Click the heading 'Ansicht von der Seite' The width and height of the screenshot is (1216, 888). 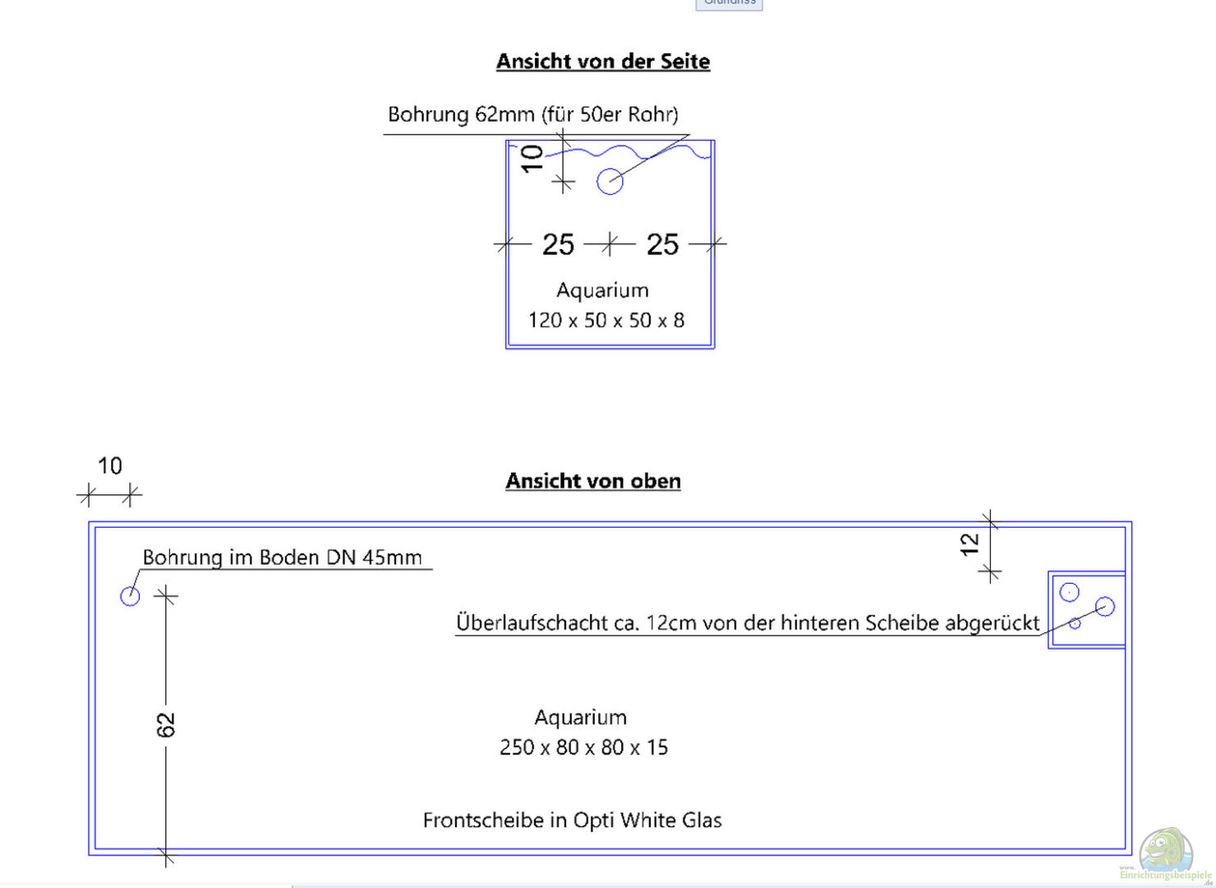[x=602, y=62]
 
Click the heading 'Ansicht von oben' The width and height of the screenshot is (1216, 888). [x=592, y=481]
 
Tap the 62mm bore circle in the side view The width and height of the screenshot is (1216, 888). [x=610, y=182]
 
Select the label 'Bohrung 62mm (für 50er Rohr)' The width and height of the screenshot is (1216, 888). [x=532, y=114]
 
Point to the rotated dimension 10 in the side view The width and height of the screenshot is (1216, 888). [x=532, y=158]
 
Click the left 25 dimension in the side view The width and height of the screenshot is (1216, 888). [x=558, y=244]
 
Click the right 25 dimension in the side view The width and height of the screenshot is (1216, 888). [x=662, y=244]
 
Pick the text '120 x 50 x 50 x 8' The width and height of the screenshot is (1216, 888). [x=606, y=320]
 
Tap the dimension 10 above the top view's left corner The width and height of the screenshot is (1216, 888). [x=109, y=466]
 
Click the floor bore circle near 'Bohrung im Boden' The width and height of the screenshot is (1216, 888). [x=130, y=596]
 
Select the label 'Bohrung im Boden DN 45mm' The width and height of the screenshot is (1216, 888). [x=282, y=557]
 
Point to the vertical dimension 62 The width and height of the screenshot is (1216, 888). [x=166, y=724]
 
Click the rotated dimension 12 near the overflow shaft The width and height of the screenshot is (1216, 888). [x=970, y=544]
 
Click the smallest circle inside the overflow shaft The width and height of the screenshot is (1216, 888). [x=1075, y=624]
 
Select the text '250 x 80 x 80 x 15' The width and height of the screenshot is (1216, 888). [x=583, y=747]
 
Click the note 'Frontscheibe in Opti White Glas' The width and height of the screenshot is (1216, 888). [x=572, y=820]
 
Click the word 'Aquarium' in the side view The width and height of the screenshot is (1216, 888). [x=602, y=290]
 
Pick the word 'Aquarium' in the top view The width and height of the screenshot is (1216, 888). [x=580, y=718]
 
